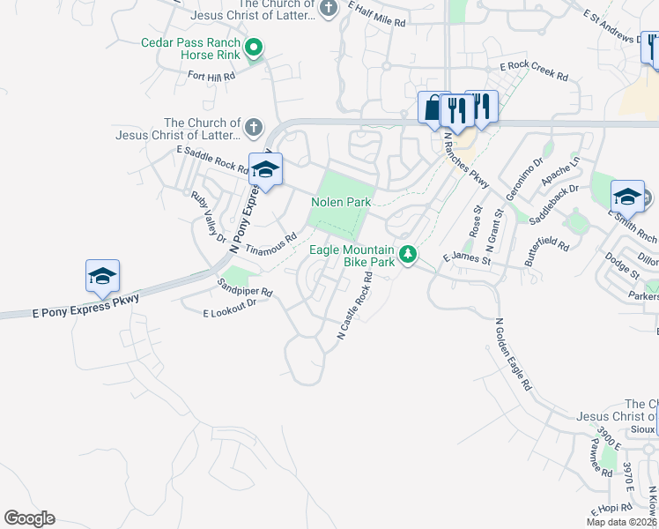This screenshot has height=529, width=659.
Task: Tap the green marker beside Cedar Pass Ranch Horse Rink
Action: [x=254, y=48]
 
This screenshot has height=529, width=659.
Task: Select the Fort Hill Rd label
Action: [x=211, y=77]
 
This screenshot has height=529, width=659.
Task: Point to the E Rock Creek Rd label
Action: [x=534, y=71]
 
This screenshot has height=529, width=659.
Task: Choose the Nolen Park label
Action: [x=341, y=202]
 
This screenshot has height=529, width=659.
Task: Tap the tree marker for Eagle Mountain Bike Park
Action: [x=408, y=255]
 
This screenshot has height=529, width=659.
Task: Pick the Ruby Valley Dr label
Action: [x=209, y=217]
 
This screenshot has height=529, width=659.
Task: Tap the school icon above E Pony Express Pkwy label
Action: [x=102, y=277]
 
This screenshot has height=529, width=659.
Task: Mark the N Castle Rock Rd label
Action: [x=356, y=305]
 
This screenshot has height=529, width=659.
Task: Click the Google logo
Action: [x=29, y=518]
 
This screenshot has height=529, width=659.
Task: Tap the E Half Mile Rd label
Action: [x=376, y=13]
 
